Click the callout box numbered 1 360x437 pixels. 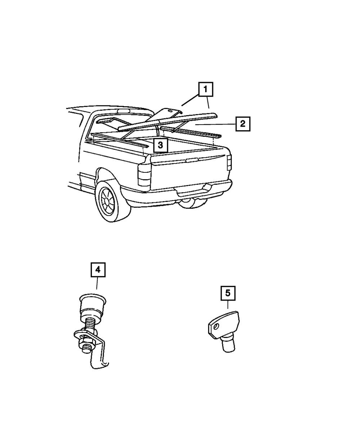coord(205,90)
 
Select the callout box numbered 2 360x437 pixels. coord(243,124)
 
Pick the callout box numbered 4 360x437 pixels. coord(98,270)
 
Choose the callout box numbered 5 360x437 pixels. coord(228,293)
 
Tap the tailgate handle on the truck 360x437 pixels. coord(192,159)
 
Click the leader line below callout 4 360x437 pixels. coord(97,283)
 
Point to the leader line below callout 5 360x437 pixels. coord(228,305)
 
